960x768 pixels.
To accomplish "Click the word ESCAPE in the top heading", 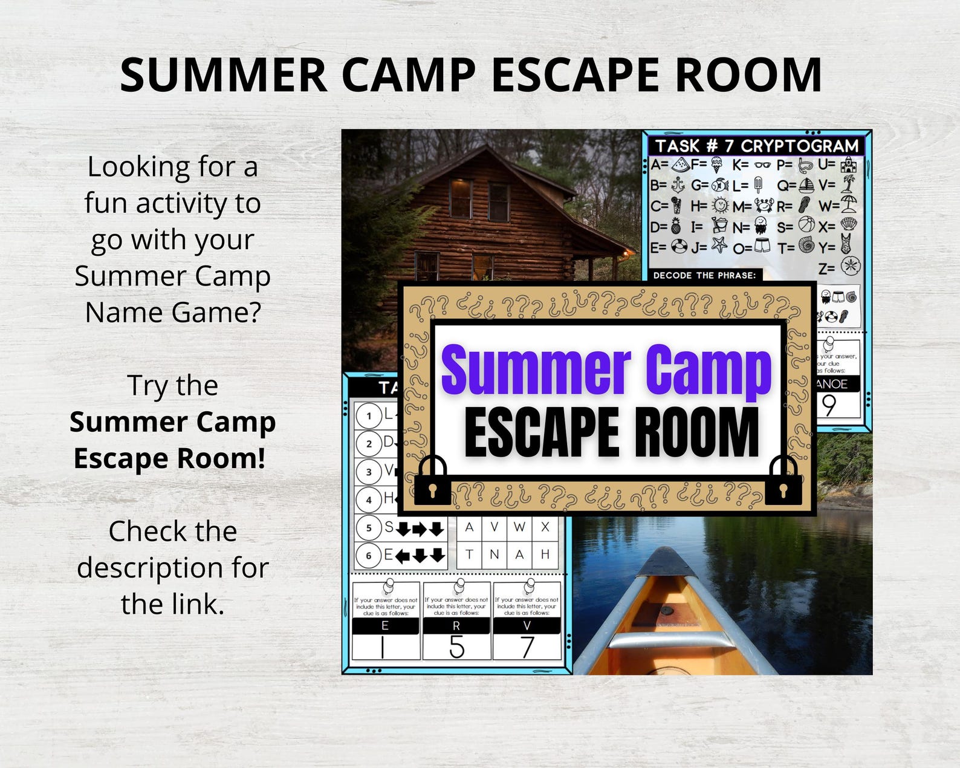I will (x=575, y=75).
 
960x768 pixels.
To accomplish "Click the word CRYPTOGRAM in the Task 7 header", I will (x=799, y=146).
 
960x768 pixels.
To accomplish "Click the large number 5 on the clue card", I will (x=456, y=647).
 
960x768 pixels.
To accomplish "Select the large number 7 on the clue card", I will (x=527, y=647).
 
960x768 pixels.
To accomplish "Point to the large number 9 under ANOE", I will (x=829, y=405).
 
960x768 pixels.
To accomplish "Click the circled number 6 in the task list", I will (x=368, y=555).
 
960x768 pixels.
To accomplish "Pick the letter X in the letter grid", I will (x=545, y=527).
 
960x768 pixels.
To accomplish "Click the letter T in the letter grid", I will (x=469, y=555).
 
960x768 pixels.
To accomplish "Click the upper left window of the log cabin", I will (x=460, y=198).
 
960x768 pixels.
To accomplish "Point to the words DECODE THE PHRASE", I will (x=704, y=275).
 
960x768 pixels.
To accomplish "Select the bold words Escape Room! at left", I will (x=170, y=458).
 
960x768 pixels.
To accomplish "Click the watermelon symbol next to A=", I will (x=681, y=164).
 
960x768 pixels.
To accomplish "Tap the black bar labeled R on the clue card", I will (x=456, y=626).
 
